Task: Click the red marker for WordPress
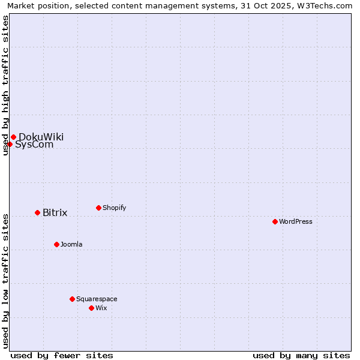click(275, 221)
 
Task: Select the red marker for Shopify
click(98, 208)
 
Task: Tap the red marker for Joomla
click(56, 244)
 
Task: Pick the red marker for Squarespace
click(72, 299)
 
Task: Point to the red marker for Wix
click(91, 308)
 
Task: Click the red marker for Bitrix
click(37, 212)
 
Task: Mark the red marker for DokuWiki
click(13, 137)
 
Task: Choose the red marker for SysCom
click(10, 144)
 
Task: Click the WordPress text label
click(296, 221)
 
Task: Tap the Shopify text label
click(115, 208)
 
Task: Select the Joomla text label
click(71, 244)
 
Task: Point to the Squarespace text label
click(97, 299)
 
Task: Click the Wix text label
click(101, 308)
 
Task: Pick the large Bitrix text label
click(55, 212)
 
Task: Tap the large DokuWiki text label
click(41, 137)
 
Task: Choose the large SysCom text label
click(35, 145)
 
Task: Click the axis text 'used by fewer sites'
click(62, 355)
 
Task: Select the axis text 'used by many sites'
click(301, 355)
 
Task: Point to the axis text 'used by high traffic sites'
click(5, 85)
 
